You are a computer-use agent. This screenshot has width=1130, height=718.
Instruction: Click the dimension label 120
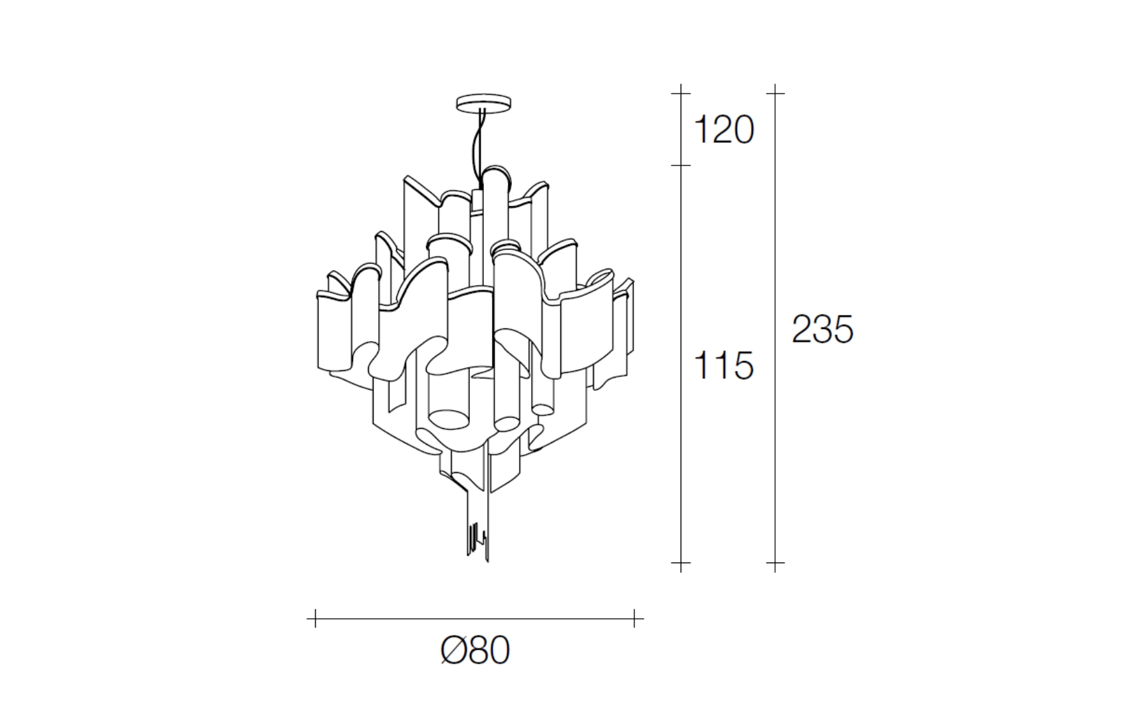tap(724, 130)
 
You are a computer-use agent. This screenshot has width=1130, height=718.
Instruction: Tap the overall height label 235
tap(822, 330)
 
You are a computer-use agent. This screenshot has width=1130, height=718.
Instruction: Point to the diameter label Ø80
tap(475, 650)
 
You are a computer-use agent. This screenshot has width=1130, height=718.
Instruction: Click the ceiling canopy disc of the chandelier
tap(483, 102)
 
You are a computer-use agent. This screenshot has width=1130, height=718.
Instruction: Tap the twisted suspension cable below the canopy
tap(478, 146)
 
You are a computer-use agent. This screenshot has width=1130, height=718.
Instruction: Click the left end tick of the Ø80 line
tap(315, 618)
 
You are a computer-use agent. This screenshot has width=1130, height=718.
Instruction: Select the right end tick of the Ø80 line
tap(634, 618)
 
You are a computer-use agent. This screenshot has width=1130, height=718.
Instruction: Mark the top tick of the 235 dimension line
tap(775, 93)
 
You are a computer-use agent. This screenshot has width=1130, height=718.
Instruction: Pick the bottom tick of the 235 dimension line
tap(775, 562)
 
